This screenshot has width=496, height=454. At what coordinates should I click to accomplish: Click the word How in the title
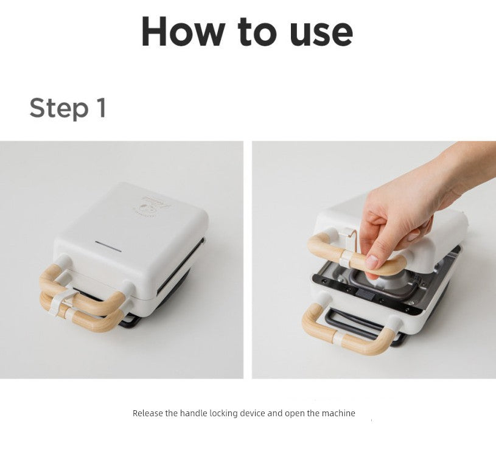183,32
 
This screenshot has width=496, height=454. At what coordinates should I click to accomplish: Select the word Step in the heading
59,108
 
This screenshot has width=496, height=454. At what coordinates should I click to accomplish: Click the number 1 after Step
101,108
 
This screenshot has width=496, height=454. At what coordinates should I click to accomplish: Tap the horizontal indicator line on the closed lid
108,246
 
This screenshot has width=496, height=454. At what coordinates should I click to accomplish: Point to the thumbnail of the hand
371,262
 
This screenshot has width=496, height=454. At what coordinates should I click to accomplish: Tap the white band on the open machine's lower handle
339,338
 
